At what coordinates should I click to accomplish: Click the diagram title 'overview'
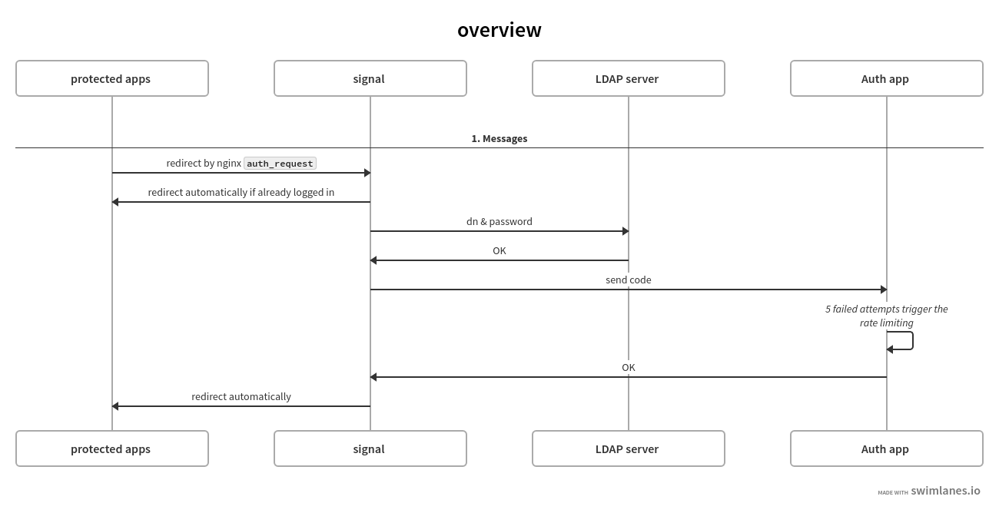pos(499,30)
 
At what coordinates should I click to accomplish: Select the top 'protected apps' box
pos(112,78)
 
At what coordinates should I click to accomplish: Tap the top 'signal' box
pos(370,78)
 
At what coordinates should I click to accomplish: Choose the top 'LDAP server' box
pos(629,78)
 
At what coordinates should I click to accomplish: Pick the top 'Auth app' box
pos(887,78)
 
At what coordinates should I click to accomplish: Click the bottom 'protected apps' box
pos(112,448)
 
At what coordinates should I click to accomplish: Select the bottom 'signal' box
pos(370,448)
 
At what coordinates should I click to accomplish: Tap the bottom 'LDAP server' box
pos(629,448)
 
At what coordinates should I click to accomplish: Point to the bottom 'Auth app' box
pos(887,448)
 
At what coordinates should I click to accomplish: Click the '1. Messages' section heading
pos(499,138)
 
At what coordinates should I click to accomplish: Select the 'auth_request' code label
pos(280,164)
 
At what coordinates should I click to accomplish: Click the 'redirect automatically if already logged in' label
pos(241,193)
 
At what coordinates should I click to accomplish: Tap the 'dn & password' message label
pos(499,221)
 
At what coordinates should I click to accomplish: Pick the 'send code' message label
pos(629,280)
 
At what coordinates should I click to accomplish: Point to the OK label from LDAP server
pos(499,251)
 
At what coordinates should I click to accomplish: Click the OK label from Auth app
pos(629,368)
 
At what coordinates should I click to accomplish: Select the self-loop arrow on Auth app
pos(913,341)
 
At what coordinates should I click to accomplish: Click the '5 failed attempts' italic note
pos(887,316)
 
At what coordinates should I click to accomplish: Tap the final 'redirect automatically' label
pos(241,397)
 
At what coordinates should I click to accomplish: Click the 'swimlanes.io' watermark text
pos(945,491)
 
